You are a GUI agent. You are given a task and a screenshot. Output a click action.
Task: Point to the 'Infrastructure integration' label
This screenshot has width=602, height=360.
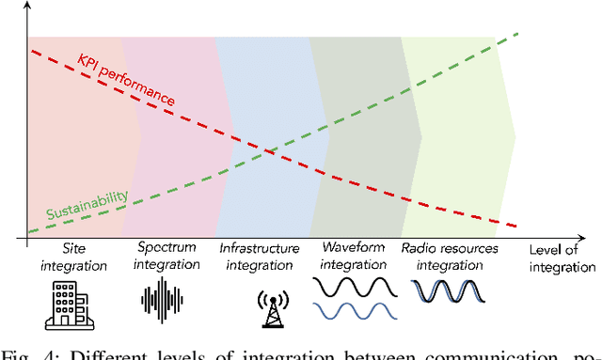pos(260,258)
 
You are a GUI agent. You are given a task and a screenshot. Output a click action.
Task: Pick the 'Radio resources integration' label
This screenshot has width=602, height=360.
pos(442,258)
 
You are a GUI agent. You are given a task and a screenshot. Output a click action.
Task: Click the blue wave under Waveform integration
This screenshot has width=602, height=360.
pos(353,310)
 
